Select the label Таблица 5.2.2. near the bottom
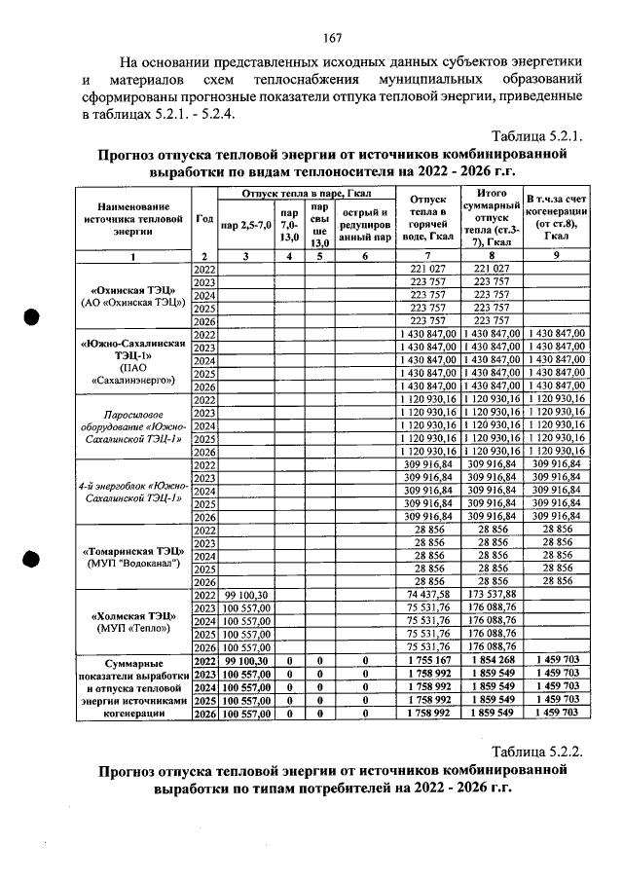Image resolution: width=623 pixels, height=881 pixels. tap(537, 753)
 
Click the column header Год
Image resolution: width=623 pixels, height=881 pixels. tap(204, 219)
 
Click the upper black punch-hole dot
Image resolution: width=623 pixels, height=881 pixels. tap(31, 318)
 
